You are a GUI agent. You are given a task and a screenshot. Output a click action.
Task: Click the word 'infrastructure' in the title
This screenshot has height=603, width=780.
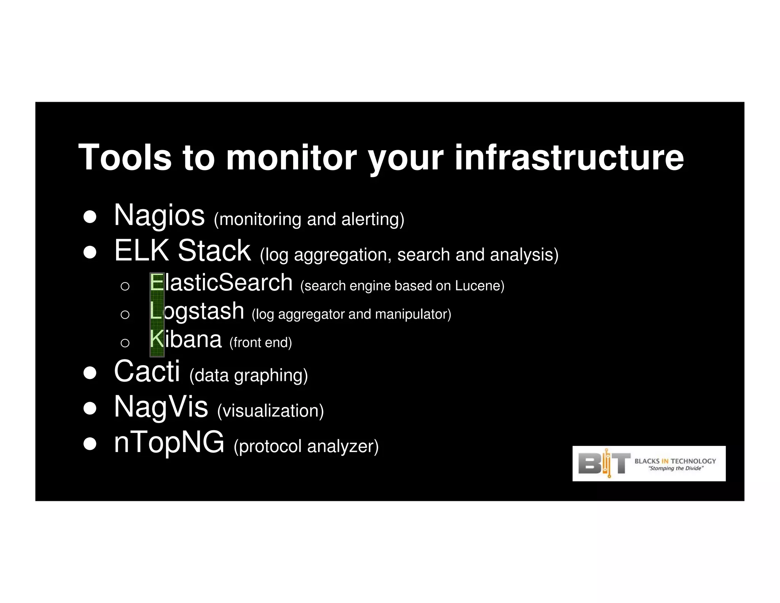point(569,157)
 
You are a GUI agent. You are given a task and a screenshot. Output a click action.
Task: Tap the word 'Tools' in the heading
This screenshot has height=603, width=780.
point(125,157)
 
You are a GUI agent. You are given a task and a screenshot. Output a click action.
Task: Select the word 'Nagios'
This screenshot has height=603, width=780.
point(159,216)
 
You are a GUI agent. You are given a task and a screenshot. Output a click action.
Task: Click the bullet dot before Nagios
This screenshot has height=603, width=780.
point(90,217)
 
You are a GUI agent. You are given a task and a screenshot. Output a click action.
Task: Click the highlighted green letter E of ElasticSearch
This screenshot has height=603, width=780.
point(157,283)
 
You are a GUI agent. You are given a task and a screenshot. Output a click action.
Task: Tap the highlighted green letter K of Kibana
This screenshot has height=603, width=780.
point(157,339)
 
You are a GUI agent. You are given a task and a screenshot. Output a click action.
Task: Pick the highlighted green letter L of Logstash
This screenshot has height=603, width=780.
point(156,311)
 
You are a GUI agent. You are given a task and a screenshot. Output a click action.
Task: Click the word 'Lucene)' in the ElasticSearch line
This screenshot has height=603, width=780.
point(480,286)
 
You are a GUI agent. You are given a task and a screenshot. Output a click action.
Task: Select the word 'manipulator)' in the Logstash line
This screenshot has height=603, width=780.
point(413,314)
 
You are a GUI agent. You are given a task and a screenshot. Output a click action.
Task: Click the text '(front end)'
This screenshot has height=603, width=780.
point(261,342)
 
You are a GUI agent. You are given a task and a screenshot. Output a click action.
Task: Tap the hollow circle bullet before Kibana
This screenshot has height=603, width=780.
point(125,343)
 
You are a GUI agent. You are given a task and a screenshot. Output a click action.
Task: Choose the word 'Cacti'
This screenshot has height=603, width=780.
point(147,371)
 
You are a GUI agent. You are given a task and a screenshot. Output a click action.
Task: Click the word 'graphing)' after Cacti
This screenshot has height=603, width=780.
point(271,376)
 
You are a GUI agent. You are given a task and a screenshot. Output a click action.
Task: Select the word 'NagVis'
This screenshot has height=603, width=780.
point(161,407)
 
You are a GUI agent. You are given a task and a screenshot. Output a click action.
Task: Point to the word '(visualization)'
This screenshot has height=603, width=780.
point(270,411)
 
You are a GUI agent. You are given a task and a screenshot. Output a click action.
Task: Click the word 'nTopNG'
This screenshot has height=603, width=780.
point(169,442)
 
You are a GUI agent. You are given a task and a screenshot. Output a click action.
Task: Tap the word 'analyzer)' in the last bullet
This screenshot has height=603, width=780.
point(343,446)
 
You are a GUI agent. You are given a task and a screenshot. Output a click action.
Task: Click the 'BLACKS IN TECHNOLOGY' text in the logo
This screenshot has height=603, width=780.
point(675,461)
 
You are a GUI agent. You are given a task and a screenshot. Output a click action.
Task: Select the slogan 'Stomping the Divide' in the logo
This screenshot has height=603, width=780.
point(676,468)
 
